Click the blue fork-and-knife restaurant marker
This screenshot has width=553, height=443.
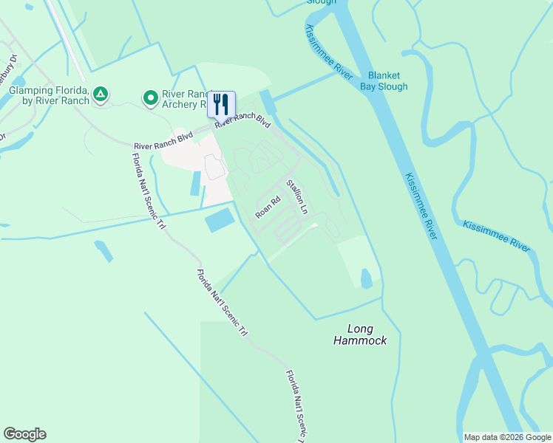pos(221,104)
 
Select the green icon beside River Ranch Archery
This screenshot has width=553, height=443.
pos(151,97)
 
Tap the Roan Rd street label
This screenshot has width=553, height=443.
pos(268,207)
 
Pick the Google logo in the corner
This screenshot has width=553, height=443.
pos(24,434)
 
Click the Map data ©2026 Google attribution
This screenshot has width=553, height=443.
pos(506,437)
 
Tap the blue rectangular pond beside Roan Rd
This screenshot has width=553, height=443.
pos(220,219)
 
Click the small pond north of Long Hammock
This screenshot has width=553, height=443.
pos(366,278)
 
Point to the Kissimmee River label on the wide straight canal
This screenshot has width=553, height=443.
pos(421,206)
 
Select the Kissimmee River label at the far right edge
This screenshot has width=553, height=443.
pos(496,236)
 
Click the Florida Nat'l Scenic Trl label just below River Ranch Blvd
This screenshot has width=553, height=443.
pos(148,190)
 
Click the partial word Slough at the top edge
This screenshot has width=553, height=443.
pos(322,2)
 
